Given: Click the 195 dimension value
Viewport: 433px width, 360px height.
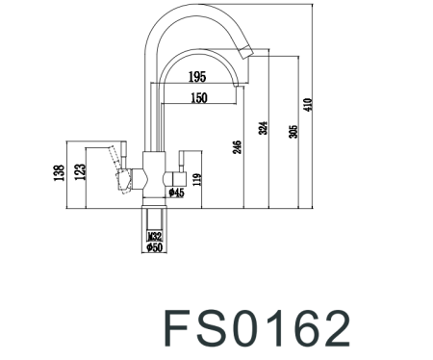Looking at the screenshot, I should [198, 76].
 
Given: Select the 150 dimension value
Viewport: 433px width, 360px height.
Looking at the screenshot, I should [198, 97].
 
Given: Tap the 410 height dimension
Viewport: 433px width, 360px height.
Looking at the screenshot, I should [307, 105].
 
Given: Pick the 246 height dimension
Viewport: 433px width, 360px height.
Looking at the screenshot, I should [236, 146].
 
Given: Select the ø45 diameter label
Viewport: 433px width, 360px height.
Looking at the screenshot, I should [176, 193].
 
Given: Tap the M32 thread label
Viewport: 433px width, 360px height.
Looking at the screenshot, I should [154, 235].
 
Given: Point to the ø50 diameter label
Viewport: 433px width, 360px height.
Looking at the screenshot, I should [154, 248].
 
